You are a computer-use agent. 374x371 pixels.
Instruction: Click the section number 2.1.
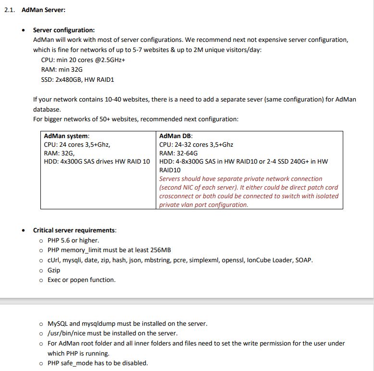coord(10,10)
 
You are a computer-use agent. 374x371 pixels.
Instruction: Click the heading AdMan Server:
coord(44,10)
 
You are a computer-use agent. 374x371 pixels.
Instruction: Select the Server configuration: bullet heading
coord(64,30)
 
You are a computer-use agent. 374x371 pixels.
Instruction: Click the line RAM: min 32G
coord(62,69)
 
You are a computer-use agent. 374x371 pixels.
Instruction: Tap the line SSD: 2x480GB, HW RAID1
coord(78,79)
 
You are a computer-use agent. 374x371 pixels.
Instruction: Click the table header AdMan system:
coord(66,136)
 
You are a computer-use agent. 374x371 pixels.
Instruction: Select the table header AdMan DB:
coord(176,136)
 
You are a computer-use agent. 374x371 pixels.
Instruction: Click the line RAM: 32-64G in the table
coord(178,153)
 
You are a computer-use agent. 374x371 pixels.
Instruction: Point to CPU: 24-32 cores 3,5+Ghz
coord(196,144)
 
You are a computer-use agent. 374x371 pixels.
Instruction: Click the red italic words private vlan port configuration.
coord(204,205)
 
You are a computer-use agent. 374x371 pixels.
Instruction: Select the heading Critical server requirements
coord(74,230)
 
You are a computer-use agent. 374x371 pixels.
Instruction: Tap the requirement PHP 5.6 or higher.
coord(73,240)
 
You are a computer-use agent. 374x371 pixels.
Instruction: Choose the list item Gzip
coord(54,270)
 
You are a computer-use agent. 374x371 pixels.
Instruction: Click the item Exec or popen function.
coord(81,280)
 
